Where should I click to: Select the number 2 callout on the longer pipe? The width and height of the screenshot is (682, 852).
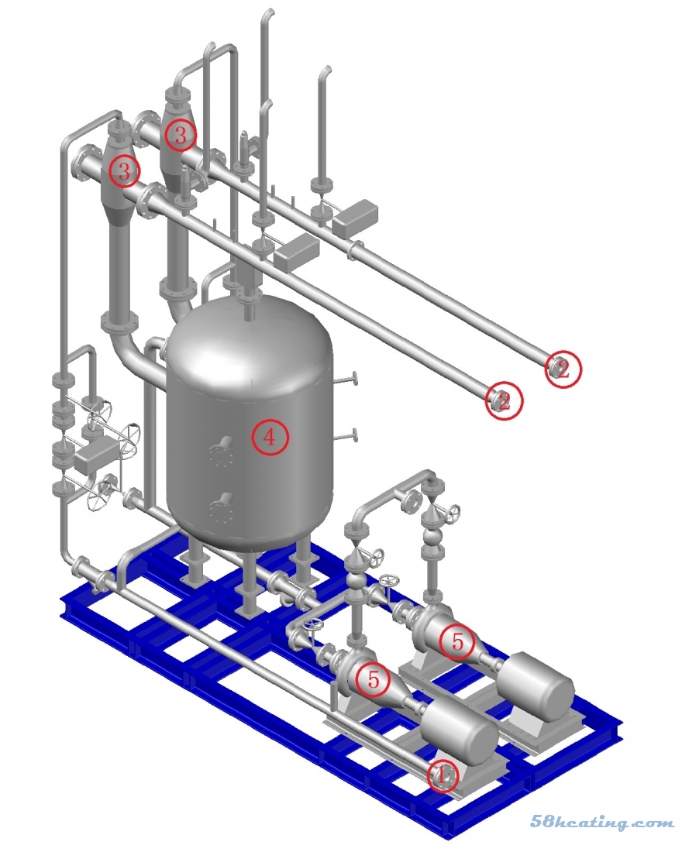[563, 369]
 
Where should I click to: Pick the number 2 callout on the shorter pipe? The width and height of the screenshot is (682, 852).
[505, 400]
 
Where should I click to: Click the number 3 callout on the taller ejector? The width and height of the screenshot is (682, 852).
[180, 135]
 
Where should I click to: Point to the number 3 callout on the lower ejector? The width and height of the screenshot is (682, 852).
[124, 172]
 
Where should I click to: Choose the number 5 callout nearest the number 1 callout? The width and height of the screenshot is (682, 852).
[373, 679]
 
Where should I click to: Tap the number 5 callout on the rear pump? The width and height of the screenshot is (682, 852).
[457, 642]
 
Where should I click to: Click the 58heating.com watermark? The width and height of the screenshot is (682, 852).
[602, 822]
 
